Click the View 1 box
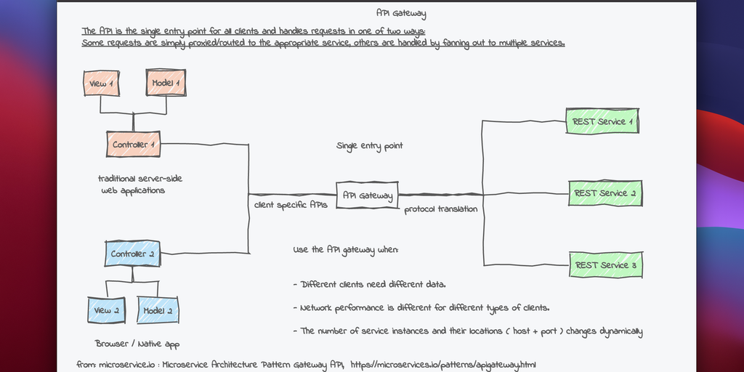coord(102,84)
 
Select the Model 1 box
coord(166,84)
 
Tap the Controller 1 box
coord(134,145)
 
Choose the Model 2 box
coord(158,310)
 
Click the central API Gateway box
coord(368,195)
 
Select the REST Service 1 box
coord(602,121)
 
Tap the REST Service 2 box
coord(605,193)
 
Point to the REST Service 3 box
coord(605,265)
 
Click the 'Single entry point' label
coord(370,146)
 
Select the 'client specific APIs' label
coord(291,206)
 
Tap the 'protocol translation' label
coord(441,209)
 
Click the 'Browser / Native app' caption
coord(137,344)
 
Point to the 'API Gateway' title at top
coord(401,13)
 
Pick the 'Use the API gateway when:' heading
coord(346,250)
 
